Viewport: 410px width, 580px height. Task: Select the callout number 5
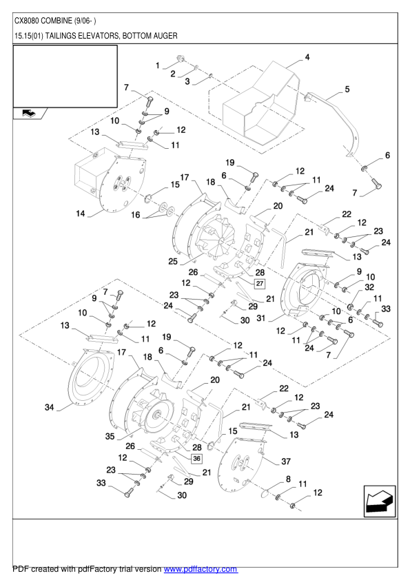pos(347,89)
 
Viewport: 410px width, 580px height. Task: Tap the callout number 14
pos(81,214)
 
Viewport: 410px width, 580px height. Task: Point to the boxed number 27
pos(260,282)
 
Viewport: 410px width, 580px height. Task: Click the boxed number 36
pos(196,458)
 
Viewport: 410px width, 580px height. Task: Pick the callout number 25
pos(173,261)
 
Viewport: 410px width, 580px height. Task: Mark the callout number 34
pos(49,408)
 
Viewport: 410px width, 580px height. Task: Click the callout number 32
pos(369,287)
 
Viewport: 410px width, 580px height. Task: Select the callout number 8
pos(287,479)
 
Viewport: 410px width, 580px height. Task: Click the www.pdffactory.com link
pos(200,569)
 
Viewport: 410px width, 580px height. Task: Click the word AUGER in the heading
pos(164,34)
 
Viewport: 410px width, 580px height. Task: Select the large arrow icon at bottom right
pos(379,501)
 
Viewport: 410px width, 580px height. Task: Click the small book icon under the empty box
pos(29,114)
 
